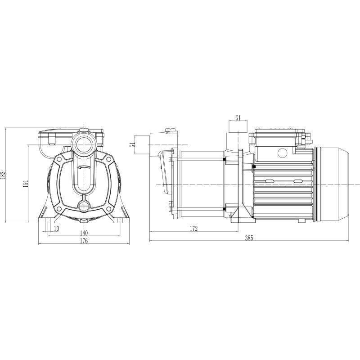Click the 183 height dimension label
3,175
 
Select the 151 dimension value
26,184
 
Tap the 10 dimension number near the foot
56,229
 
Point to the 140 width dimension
84,233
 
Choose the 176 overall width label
84,241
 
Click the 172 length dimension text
194,229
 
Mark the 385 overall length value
249,238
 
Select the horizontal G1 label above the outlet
238,118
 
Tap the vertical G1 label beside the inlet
132,145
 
